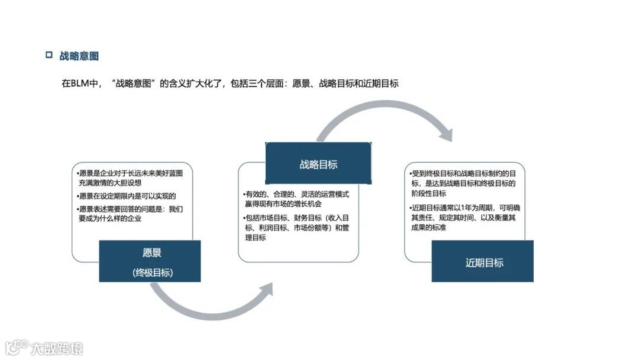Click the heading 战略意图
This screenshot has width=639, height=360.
pyautogui.click(x=79, y=56)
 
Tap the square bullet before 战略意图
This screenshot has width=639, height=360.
pyautogui.click(x=49, y=56)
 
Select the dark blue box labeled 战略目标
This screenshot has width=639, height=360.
pyautogui.click(x=318, y=164)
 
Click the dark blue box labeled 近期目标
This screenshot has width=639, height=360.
pyautogui.click(x=482, y=262)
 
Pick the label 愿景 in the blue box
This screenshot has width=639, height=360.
pyautogui.click(x=152, y=253)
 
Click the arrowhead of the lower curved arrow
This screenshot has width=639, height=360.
pyautogui.click(x=266, y=290)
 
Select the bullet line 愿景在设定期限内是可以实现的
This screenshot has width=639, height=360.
pyautogui.click(x=127, y=196)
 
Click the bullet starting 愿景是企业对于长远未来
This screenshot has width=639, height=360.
pyautogui.click(x=130, y=178)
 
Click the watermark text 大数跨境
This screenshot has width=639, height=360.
pyautogui.click(x=57, y=348)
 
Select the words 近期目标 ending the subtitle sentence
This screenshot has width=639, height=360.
pyautogui.click(x=382, y=83)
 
